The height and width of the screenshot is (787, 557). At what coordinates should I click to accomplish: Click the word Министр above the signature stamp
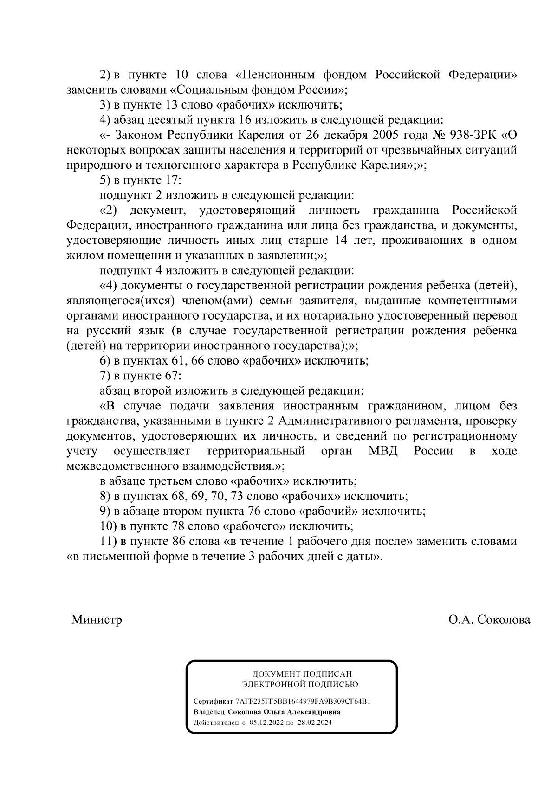pyautogui.click(x=97, y=620)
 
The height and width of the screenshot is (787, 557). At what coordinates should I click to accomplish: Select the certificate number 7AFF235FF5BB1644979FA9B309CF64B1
pyautogui.click(x=303, y=701)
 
